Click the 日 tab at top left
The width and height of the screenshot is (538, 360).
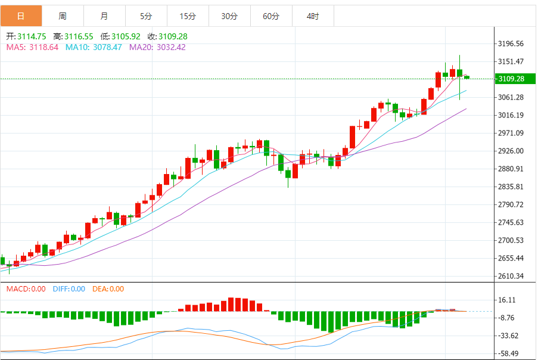tap(21, 16)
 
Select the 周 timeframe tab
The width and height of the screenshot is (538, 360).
tap(63, 16)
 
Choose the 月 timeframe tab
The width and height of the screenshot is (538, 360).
tap(104, 16)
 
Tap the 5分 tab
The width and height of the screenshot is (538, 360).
tap(146, 16)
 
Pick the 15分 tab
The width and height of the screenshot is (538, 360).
tap(188, 16)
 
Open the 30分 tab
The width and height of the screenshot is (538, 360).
tap(229, 16)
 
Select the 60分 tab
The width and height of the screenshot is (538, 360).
tap(271, 16)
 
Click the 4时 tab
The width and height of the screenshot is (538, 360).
tap(313, 16)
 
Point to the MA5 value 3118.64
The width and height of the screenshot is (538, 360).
tap(43, 47)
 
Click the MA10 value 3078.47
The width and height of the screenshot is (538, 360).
tap(106, 47)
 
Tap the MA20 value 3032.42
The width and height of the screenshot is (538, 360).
tap(170, 47)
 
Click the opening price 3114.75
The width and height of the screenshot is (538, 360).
tap(32, 36)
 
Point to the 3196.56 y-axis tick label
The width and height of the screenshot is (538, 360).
tap(511, 44)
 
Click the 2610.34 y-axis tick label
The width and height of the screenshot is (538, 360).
tap(511, 276)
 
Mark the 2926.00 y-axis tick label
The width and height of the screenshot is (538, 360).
tap(511, 151)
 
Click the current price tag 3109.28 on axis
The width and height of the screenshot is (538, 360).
tap(511, 79)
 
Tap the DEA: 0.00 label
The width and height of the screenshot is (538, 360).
tap(108, 289)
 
